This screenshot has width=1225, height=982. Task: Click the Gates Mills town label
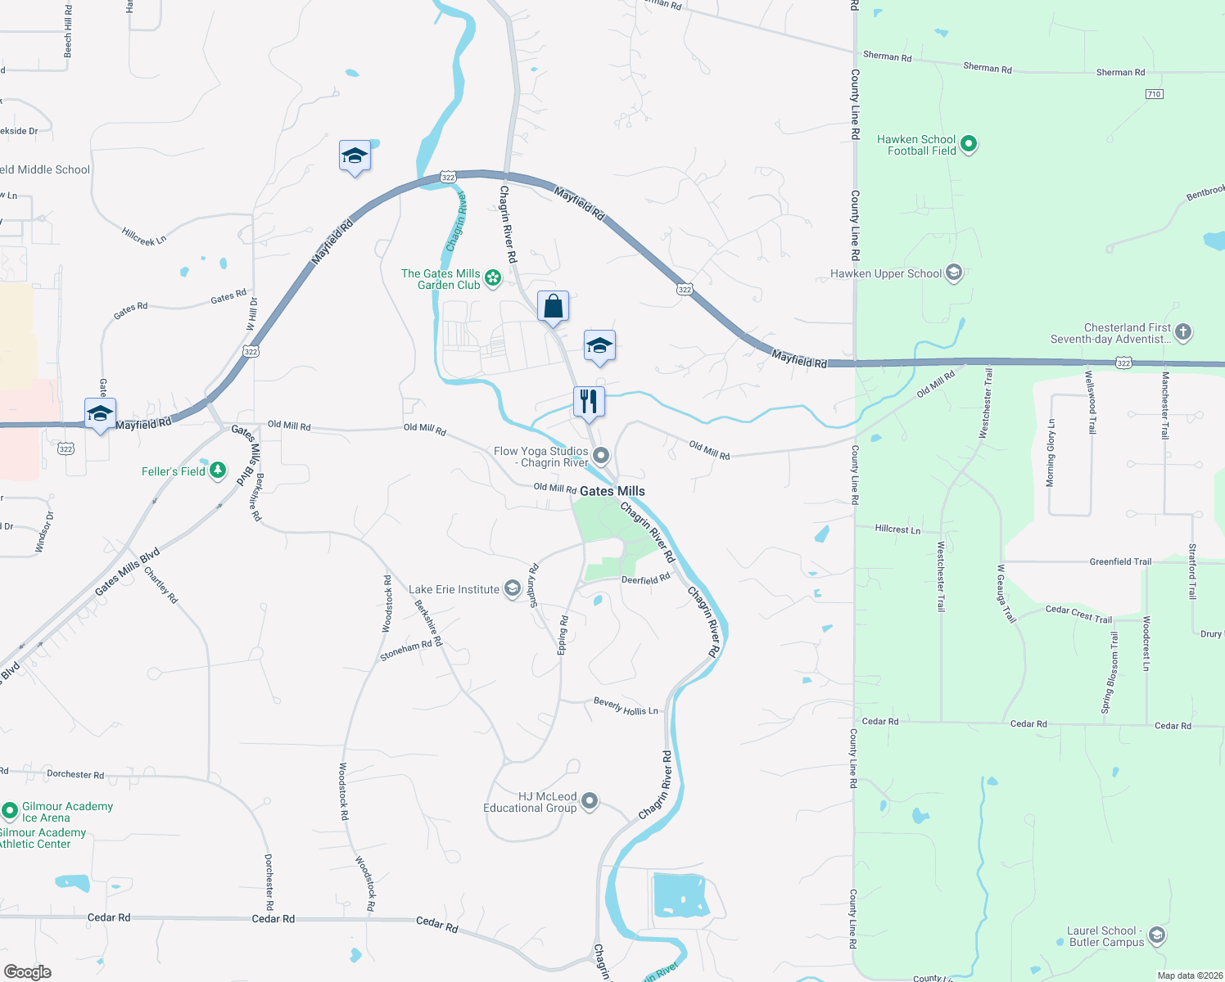612,491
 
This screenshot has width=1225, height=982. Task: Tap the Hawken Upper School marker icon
953,273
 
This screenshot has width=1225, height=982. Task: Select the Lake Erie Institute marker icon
512,589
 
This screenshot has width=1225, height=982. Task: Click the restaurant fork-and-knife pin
588,402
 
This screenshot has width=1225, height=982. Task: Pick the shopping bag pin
553,307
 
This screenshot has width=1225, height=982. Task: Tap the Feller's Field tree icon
217,471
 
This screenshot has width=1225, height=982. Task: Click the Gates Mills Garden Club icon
493,279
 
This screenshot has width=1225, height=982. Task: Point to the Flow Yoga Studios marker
602,456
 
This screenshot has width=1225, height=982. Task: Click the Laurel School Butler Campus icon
1156,935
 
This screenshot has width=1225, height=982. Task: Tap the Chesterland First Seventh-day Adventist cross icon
1182,332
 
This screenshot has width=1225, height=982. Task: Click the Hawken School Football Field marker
969,145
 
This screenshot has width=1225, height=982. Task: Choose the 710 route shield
1154,94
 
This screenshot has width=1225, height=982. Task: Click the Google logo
27,972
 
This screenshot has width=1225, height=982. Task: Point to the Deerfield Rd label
645,579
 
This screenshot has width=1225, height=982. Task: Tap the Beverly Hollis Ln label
626,706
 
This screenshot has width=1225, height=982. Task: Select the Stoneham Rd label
405,651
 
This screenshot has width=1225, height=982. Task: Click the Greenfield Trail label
1119,561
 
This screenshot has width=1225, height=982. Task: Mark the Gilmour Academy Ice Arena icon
10,811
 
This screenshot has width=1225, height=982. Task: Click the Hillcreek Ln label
144,236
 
